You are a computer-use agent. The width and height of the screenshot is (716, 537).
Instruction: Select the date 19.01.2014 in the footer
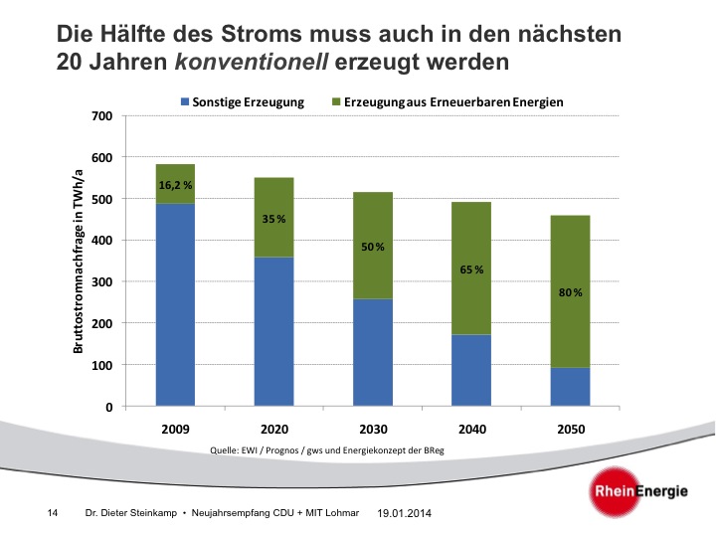405,513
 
